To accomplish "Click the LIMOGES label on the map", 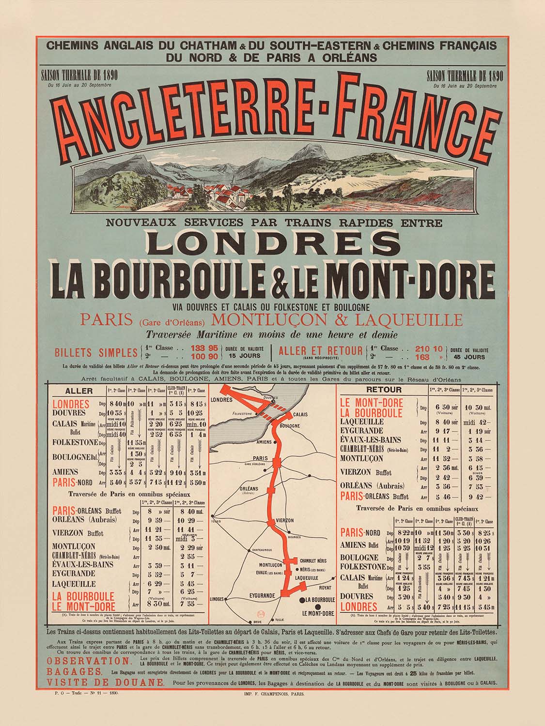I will click(218, 599).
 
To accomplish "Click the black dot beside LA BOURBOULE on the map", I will click(303, 600).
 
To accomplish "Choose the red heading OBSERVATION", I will click(89, 661).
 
